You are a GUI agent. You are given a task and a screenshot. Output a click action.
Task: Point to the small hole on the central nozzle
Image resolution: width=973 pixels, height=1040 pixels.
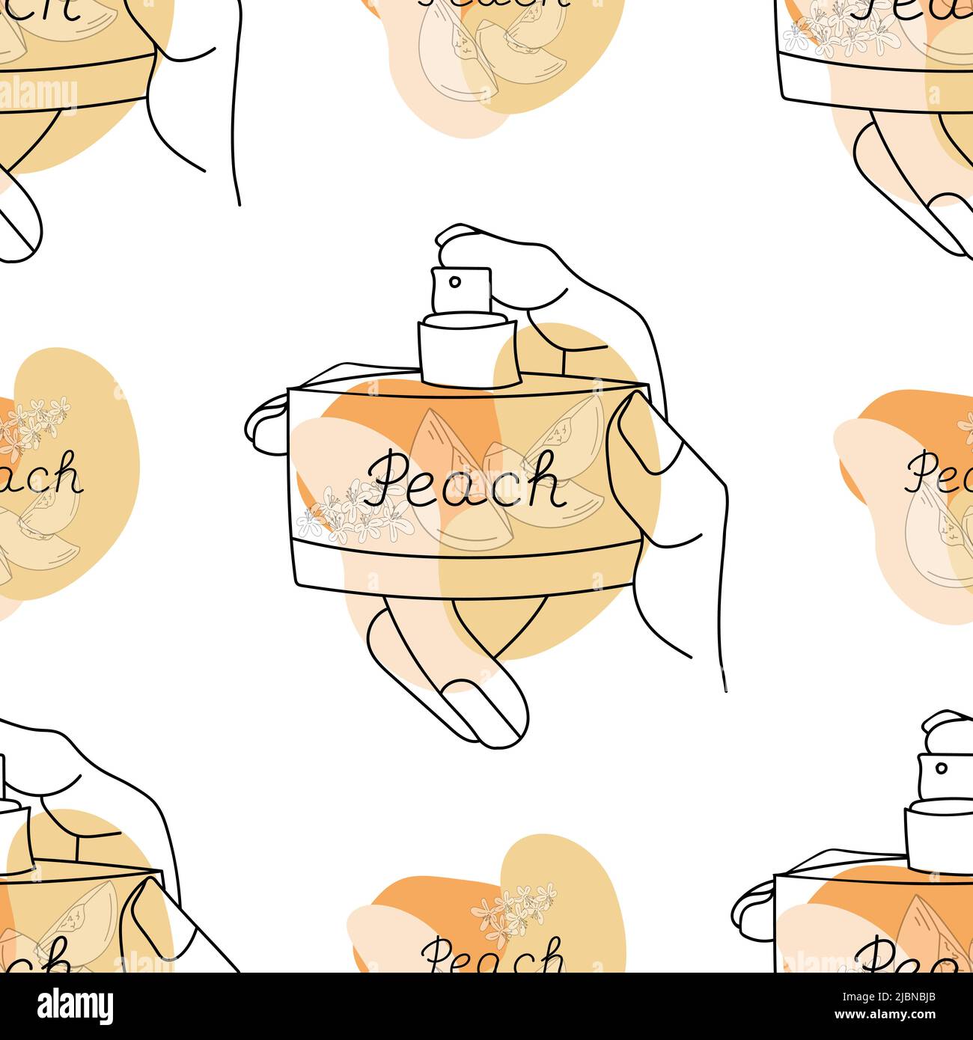click(x=454, y=282)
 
